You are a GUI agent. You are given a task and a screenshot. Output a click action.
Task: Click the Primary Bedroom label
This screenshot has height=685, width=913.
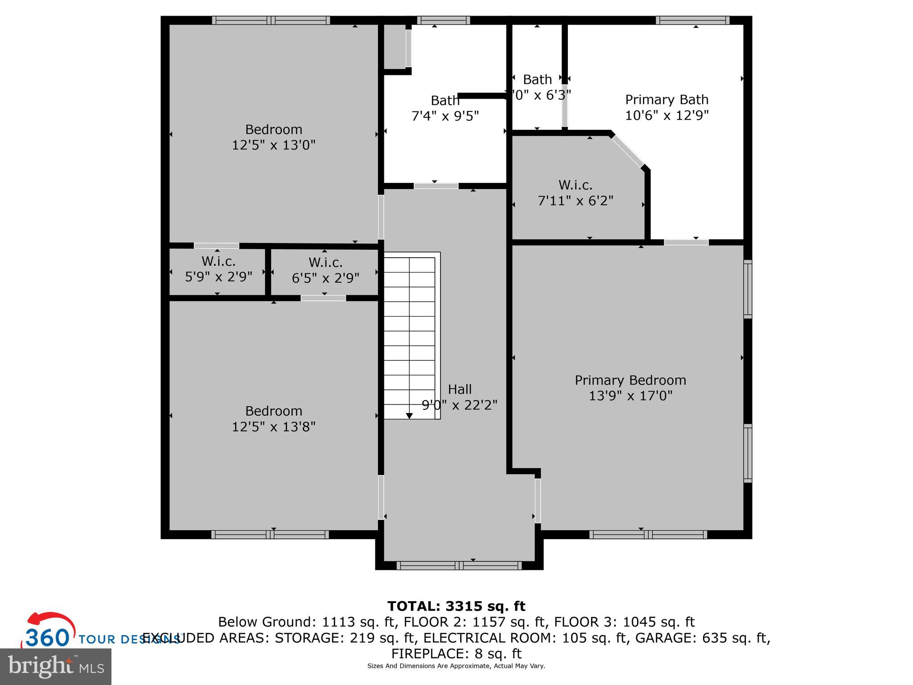click(630, 380)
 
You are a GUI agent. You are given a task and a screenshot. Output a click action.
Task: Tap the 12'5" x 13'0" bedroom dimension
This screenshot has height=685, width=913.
click(273, 145)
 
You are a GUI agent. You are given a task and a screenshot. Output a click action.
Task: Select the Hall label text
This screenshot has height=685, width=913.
click(460, 389)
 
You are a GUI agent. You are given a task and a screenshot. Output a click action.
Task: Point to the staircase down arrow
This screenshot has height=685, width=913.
click(409, 416)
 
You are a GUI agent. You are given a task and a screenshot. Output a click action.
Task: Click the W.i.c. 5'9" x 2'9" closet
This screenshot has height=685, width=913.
click(218, 269)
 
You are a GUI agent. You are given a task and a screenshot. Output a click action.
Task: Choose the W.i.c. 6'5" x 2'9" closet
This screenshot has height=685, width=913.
click(325, 270)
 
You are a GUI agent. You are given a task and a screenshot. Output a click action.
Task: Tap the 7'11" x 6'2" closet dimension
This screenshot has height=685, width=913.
click(576, 201)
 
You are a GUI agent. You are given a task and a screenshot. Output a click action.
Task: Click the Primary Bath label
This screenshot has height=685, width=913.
click(666, 99)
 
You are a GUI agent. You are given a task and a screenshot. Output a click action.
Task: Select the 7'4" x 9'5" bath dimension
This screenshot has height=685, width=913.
click(445, 116)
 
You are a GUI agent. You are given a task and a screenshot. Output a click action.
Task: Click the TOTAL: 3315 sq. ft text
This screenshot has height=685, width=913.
click(456, 606)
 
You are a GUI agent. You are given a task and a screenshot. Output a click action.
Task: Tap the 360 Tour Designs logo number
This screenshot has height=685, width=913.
click(47, 638)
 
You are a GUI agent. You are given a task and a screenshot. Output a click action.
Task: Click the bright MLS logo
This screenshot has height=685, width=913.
click(56, 667)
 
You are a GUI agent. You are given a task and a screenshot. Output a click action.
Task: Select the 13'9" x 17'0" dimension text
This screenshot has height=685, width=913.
click(630, 396)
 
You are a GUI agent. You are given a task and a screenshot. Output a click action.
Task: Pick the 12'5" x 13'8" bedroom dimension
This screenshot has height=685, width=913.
click(273, 427)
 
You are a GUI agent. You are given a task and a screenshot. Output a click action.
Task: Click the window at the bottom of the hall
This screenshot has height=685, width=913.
click(459, 566)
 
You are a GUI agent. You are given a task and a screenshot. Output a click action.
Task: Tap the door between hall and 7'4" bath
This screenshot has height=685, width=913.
click(436, 186)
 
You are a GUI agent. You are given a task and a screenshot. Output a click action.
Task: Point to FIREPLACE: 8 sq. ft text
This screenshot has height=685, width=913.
click(456, 654)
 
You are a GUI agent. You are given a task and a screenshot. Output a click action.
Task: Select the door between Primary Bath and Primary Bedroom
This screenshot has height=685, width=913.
click(686, 242)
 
